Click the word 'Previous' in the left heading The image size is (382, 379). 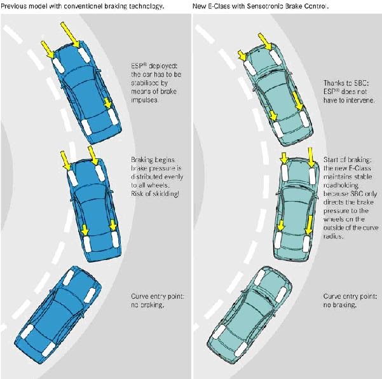(14, 6)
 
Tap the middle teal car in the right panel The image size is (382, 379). (294, 203)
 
